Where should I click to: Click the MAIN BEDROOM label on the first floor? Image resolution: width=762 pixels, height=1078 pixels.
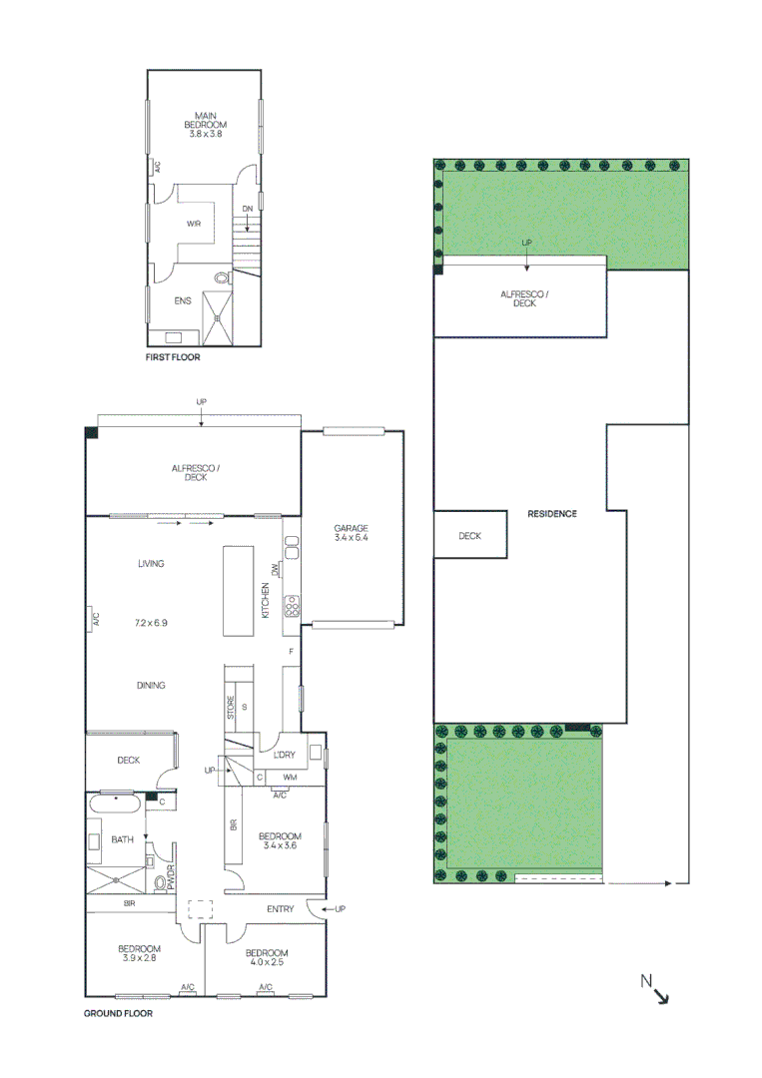[x=205, y=125]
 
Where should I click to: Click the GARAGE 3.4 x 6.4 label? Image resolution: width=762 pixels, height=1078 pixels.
[x=352, y=533]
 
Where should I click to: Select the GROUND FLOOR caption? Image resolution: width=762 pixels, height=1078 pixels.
[x=118, y=1012]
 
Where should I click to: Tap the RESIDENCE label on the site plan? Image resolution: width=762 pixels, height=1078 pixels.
[x=552, y=514]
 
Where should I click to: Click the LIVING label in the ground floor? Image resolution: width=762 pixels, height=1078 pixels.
[x=151, y=564]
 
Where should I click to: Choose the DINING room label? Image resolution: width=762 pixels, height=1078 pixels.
[x=151, y=686]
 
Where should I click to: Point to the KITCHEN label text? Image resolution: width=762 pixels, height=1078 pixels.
[x=266, y=599]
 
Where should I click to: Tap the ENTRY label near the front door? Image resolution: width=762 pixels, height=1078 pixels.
[x=281, y=908]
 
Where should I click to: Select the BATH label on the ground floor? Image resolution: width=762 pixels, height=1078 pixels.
[x=122, y=840]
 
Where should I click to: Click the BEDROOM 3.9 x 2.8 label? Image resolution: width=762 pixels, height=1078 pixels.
[x=139, y=953]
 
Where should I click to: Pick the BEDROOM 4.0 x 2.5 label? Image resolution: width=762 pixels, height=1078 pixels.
[x=268, y=957]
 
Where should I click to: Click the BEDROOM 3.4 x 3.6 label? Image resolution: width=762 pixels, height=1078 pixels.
[x=280, y=840]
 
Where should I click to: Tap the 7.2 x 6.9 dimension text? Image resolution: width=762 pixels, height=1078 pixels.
[x=151, y=623]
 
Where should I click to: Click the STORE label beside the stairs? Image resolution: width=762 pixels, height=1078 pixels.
[x=231, y=709]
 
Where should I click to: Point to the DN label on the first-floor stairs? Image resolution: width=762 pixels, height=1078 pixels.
[x=247, y=209]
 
